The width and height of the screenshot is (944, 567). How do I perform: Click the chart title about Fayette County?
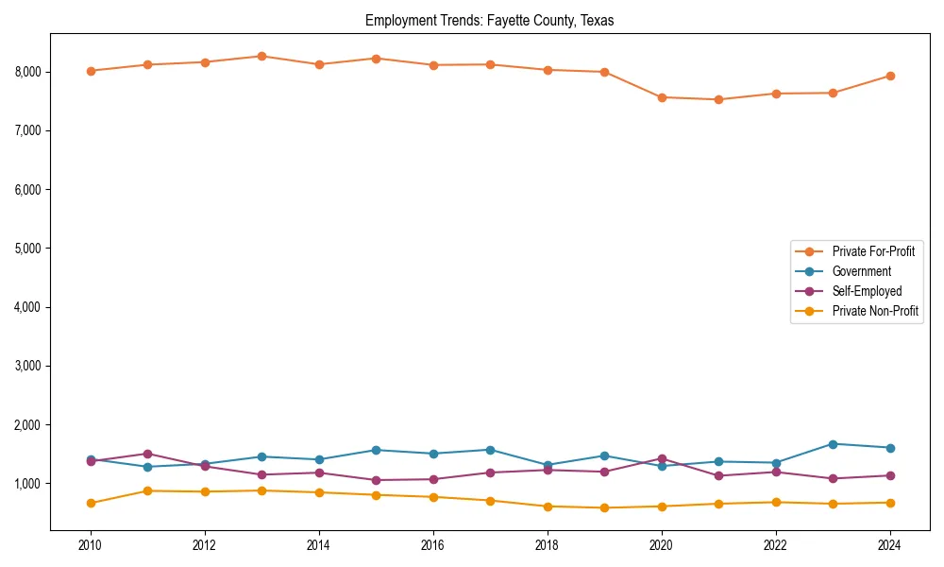489,21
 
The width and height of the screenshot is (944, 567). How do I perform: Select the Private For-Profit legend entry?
872,251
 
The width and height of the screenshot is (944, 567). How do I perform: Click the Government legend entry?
861,271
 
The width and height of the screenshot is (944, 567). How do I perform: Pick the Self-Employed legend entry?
867,291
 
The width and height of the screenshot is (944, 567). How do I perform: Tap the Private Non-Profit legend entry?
875,311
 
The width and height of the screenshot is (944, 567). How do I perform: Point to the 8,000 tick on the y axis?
26,72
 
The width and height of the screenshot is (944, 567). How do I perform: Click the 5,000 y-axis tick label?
26,249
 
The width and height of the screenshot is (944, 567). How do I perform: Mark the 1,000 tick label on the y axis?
26,484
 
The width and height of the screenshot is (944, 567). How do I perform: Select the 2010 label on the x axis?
91,545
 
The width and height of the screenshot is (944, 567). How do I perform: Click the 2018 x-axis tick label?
548,545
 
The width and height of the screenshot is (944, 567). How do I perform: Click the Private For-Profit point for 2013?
261,56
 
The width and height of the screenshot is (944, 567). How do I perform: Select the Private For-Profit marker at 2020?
662,97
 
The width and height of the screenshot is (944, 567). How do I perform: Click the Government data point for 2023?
833,444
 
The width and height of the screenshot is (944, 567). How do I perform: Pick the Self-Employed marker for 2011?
147,454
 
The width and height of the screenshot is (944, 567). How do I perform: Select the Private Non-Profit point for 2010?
91,503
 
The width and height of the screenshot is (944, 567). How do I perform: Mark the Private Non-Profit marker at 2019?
604,507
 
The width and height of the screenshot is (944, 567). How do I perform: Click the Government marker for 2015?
376,450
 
